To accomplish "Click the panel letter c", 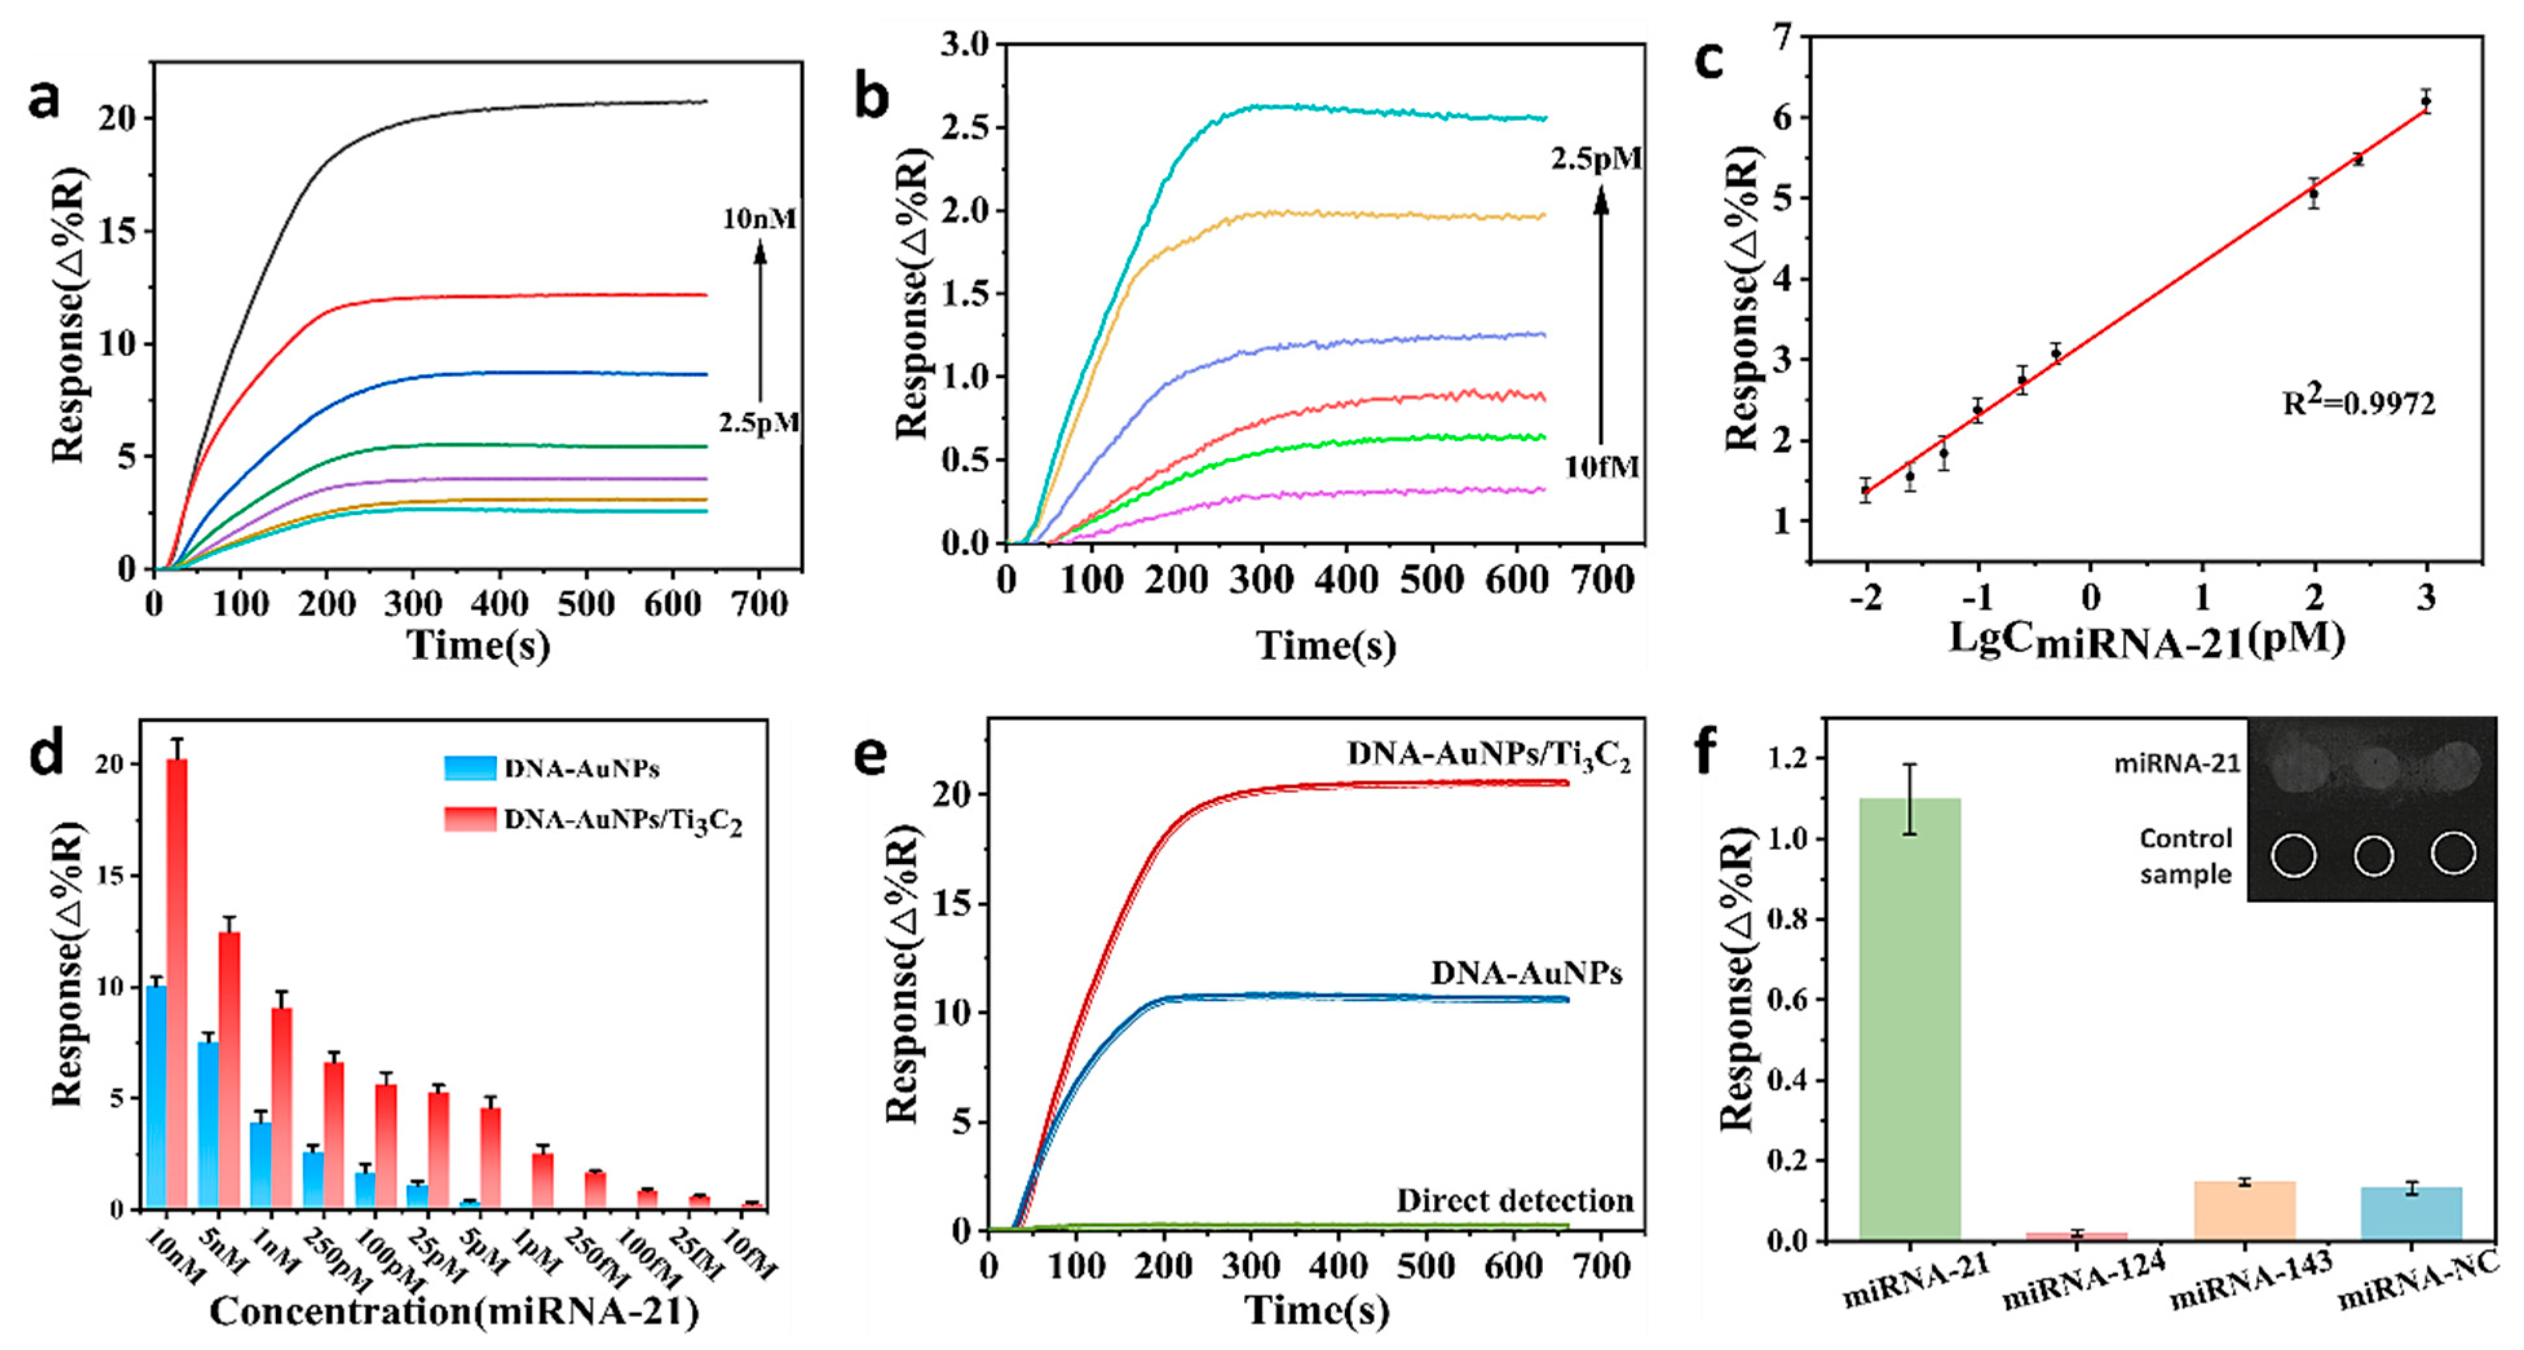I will click(x=1709, y=61).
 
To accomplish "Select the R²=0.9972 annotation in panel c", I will click(x=2359, y=402).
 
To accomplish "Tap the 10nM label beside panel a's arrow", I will click(x=759, y=218).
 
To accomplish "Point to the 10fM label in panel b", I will click(x=1601, y=467).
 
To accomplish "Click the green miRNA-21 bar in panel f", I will click(x=1909, y=1019).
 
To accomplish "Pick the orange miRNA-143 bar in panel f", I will click(x=2243, y=1211).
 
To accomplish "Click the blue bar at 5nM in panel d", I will click(x=207, y=1124).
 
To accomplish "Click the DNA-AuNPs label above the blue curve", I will click(x=1525, y=973).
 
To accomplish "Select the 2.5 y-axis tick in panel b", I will click(x=964, y=127).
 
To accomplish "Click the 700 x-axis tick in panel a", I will click(x=759, y=604).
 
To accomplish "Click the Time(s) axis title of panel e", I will click(x=1316, y=1311).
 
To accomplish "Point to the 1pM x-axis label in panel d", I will click(x=537, y=1254).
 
